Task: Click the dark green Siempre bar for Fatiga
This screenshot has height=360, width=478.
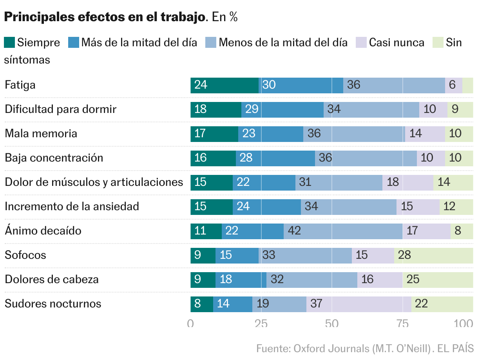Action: tap(225, 85)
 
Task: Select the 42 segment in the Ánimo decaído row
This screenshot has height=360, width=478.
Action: tap(343, 231)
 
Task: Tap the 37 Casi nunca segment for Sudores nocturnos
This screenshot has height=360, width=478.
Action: tap(358, 304)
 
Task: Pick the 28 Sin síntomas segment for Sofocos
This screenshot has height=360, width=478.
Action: tap(433, 255)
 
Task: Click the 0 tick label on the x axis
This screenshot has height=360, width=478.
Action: tap(190, 324)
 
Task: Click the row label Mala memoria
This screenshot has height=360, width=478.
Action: tap(41, 133)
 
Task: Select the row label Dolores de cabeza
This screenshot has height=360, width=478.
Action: tap(52, 279)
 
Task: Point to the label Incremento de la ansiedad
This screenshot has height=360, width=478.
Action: tap(72, 206)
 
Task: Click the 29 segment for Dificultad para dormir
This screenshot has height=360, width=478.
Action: tap(282, 109)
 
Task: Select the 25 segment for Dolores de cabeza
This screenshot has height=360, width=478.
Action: tap(438, 279)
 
